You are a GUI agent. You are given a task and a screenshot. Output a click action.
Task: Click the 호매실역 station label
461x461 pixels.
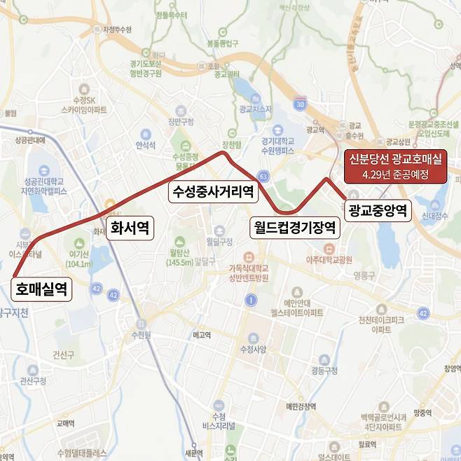[x=41, y=289]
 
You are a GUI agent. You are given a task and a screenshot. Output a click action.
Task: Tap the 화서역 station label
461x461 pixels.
[x=130, y=228]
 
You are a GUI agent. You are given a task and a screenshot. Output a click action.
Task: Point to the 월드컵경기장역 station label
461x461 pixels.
[x=295, y=227]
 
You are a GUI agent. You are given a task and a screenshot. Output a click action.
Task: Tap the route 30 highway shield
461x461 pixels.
[x=300, y=104]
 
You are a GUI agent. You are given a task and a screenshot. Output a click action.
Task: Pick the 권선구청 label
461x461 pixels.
[x=33, y=380]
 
